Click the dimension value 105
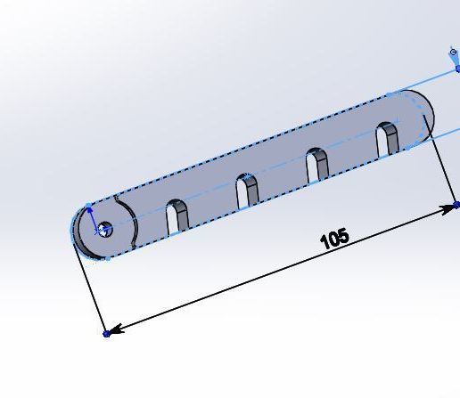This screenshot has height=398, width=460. coord(333,239)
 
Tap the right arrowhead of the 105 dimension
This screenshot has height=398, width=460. coord(448,209)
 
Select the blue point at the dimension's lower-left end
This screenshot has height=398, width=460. coord(106,333)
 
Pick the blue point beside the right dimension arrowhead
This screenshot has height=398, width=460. coord(457,205)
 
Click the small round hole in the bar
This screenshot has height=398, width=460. coord(103,230)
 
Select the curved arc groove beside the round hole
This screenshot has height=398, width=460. coord(132,223)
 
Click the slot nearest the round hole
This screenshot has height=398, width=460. coord(177,216)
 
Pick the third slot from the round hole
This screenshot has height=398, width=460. coord(316,166)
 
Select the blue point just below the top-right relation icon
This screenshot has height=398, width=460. coord(456,69)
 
